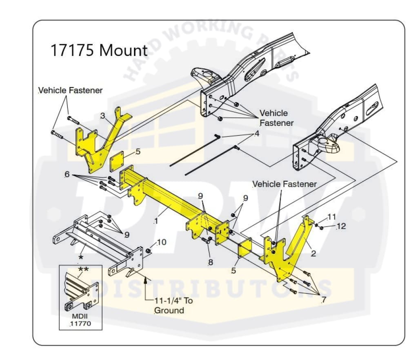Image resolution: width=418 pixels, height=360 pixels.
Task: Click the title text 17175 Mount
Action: coord(98,51)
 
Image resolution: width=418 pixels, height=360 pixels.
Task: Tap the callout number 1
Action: coord(156,221)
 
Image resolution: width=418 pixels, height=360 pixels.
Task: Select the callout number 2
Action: coord(313,253)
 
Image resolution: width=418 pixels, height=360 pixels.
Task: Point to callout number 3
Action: coord(103,116)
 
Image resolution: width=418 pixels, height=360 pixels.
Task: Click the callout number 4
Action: coord(256,134)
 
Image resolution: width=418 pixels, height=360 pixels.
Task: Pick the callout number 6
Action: coord(67,174)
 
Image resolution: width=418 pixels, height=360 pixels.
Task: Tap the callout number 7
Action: coord(323,300)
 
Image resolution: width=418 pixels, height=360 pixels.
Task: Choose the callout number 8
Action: coord(210,262)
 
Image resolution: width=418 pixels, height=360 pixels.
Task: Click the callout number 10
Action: coord(161,242)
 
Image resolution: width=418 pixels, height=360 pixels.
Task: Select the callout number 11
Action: coord(331,217)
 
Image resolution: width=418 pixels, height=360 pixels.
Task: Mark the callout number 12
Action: coord(341,226)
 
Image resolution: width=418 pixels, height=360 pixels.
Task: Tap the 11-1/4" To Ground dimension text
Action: coord(173,305)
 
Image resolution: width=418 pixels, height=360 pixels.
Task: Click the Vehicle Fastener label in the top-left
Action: coord(70,90)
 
